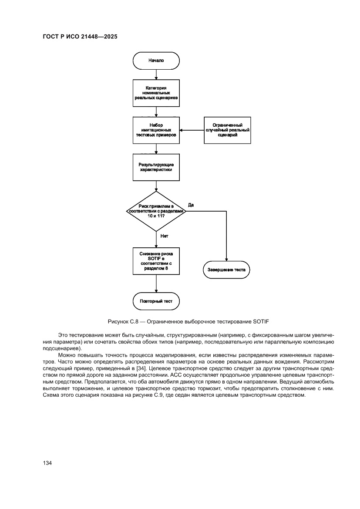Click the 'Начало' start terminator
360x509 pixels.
pyautogui.click(x=156, y=61)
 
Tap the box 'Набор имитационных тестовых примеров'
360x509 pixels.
pyautogui.click(x=156, y=130)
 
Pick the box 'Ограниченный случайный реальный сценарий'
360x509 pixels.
pyautogui.click(x=228, y=130)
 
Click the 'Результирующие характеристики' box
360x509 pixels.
pyautogui.click(x=156, y=167)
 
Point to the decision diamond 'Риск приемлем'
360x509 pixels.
pyautogui.click(x=156, y=211)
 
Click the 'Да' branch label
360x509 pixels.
pyautogui.click(x=191, y=204)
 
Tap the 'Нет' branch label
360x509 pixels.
pyautogui.click(x=164, y=236)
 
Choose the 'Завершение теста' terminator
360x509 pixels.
pyautogui.click(x=227, y=270)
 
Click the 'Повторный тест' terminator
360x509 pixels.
pyautogui.click(x=156, y=301)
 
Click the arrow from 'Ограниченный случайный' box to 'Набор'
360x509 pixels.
pyautogui.click(x=192, y=130)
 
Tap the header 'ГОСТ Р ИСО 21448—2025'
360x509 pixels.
pyautogui.click(x=81, y=37)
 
